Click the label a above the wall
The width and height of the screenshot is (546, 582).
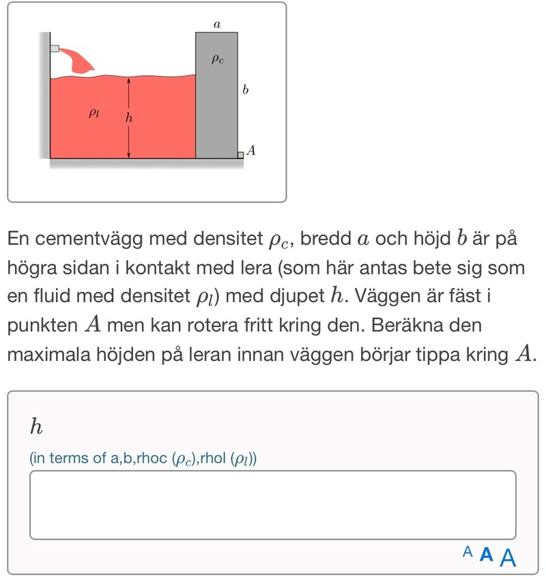click(217, 24)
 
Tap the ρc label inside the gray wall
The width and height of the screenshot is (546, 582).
click(217, 60)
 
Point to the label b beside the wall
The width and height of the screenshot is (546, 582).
click(246, 90)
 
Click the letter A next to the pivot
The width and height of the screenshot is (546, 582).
click(251, 151)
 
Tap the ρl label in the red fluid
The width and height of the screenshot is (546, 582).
click(94, 113)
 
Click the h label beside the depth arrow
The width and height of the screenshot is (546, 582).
click(126, 119)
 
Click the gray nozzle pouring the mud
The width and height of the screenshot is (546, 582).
click(55, 49)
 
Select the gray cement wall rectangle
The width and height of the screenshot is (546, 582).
click(216, 95)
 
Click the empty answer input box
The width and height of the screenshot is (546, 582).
click(272, 504)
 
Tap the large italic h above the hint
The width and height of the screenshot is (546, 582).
click(37, 428)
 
